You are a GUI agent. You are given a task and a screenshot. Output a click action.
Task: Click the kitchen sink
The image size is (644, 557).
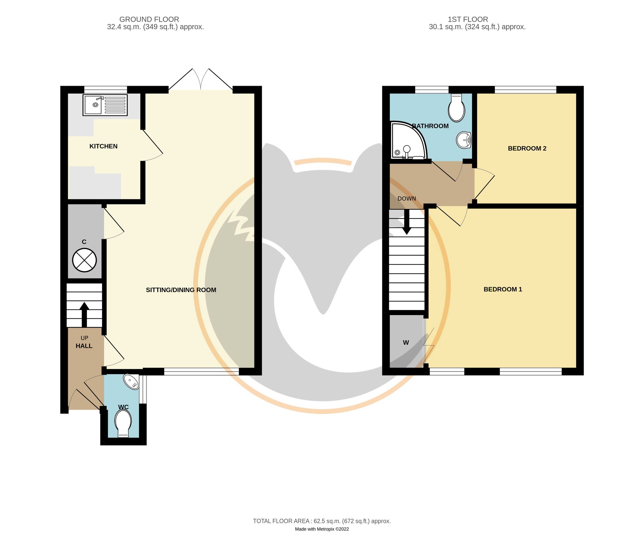click(x=105, y=105)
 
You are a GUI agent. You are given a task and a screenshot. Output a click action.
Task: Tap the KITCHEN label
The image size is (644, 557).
click(x=103, y=146)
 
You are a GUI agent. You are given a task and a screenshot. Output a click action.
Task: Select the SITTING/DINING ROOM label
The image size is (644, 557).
click(x=181, y=290)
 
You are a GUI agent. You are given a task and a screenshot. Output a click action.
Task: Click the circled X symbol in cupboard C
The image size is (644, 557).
click(x=84, y=260)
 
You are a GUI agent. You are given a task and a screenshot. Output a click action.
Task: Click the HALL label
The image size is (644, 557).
click(x=84, y=346)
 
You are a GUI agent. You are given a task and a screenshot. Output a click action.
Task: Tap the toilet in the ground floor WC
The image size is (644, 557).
click(x=123, y=423)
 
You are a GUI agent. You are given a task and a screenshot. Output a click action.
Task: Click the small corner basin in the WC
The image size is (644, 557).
click(x=132, y=381)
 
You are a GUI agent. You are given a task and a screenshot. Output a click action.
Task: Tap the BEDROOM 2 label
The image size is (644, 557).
click(x=527, y=149)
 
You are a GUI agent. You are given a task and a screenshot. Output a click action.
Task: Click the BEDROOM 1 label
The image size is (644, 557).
click(x=503, y=289)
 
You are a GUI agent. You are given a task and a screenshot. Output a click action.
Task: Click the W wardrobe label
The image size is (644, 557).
click(x=406, y=343)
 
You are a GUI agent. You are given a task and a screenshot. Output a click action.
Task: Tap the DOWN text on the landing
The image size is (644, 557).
click(x=407, y=199)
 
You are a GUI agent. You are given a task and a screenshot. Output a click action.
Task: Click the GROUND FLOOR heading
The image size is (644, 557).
click(x=149, y=19)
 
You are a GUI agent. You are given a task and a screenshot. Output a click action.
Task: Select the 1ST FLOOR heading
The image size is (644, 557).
click(x=468, y=19)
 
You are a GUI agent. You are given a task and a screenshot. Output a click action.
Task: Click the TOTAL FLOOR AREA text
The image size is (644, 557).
click(x=322, y=521)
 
